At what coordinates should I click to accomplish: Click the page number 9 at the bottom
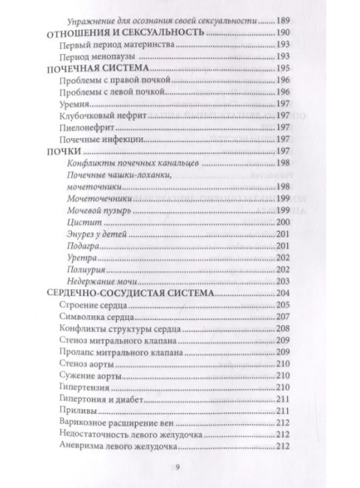tap(178, 465)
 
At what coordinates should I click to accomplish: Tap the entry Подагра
tap(79, 246)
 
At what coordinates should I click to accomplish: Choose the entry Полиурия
tap(82, 269)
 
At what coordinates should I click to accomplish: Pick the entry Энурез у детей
tap(90, 235)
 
